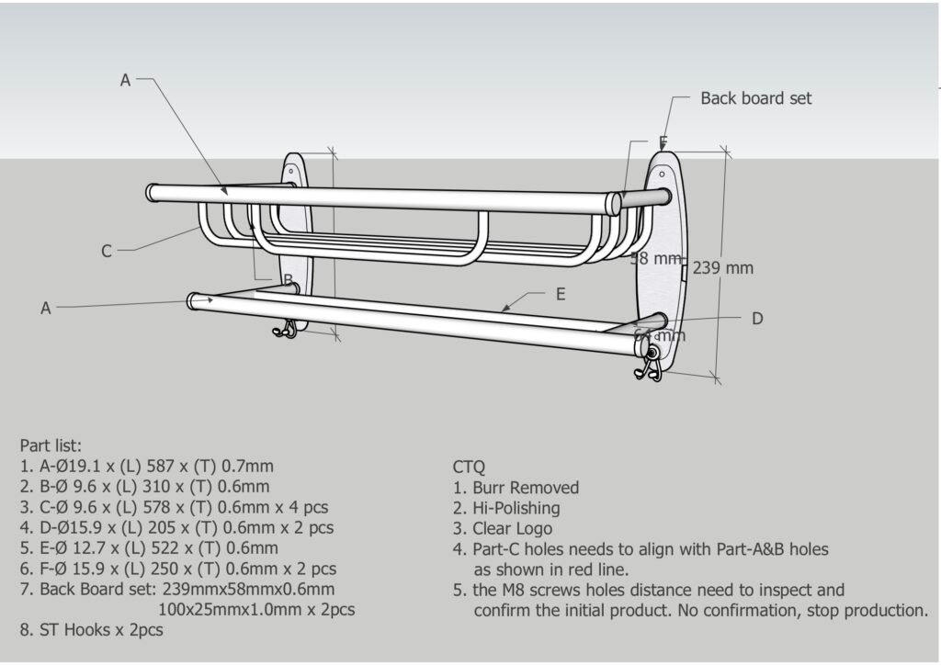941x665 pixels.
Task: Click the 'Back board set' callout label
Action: coord(755,98)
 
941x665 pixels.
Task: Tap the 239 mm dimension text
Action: coord(722,268)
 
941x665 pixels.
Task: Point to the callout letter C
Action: coord(107,251)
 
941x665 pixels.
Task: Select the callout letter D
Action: coord(757,319)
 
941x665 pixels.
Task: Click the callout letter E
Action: coord(561,295)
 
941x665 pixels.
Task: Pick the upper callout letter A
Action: coord(126,80)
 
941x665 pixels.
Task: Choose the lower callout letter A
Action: coord(45,309)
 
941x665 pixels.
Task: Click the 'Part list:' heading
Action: coord(51,445)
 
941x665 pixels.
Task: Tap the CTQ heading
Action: coord(469,468)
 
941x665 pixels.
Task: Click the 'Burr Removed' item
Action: coord(526,488)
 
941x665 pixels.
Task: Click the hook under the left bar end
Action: coord(286,330)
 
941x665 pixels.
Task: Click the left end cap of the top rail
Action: coord(152,193)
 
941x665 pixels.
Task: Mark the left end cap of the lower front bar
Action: coord(194,300)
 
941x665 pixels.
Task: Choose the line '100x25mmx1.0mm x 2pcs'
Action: coord(256,609)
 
